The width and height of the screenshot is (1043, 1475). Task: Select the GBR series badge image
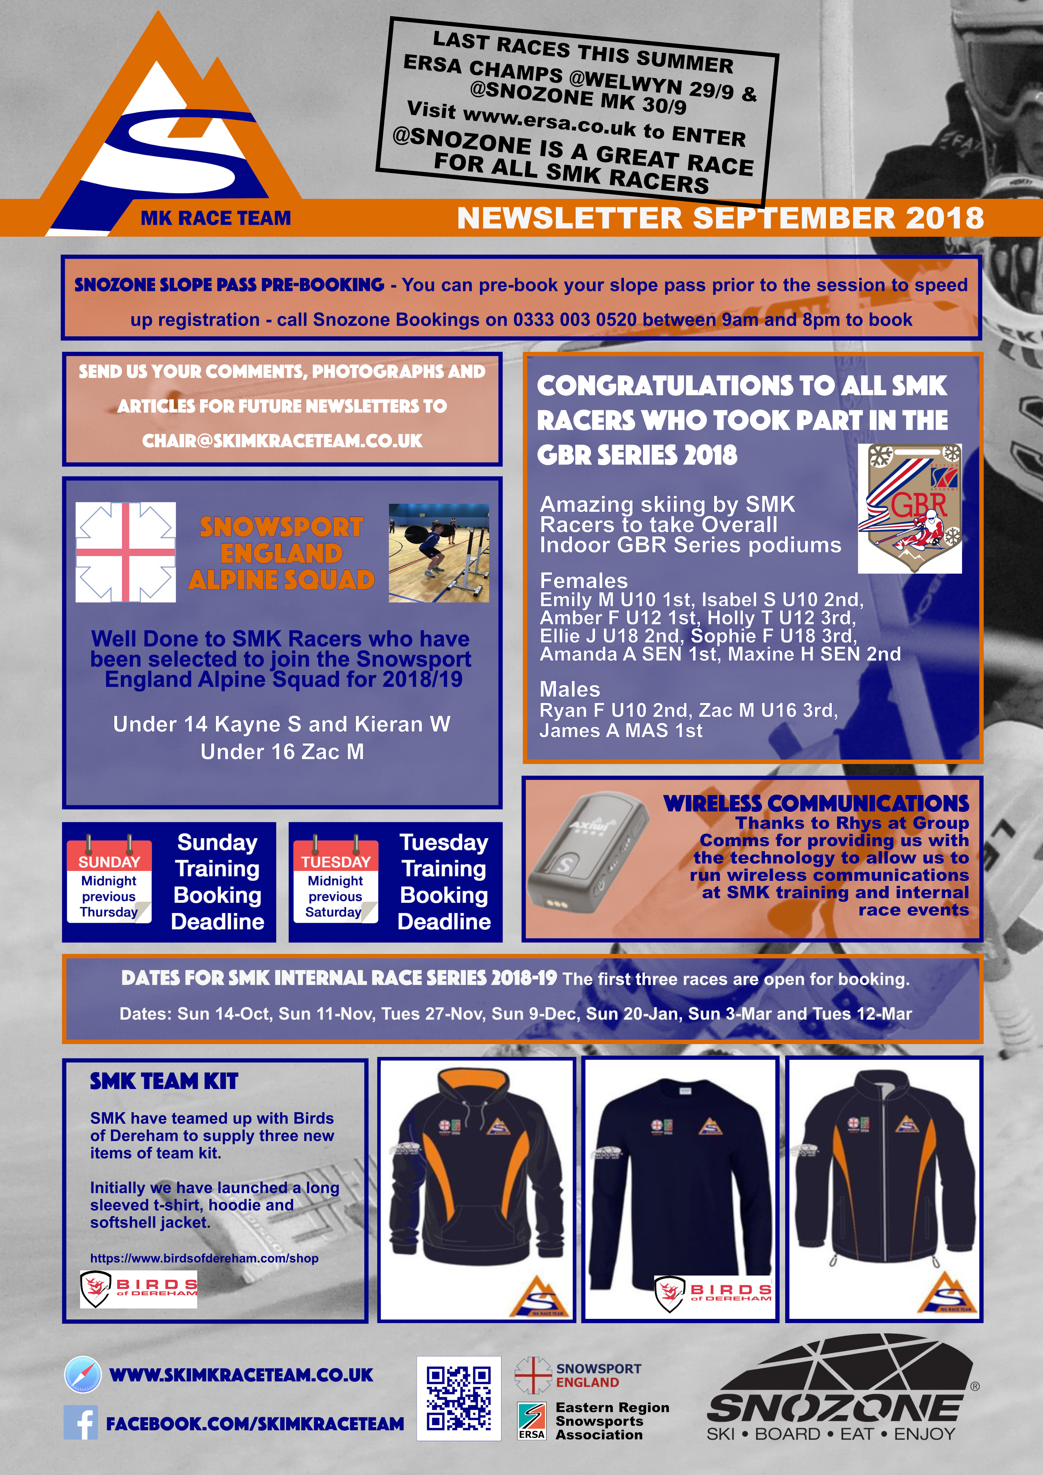(909, 508)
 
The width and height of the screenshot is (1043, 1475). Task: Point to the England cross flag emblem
(125, 553)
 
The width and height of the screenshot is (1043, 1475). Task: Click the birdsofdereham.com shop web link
(204, 1258)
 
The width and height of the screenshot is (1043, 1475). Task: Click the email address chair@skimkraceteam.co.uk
(282, 441)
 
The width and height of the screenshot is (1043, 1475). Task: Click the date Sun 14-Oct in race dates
(224, 1014)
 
